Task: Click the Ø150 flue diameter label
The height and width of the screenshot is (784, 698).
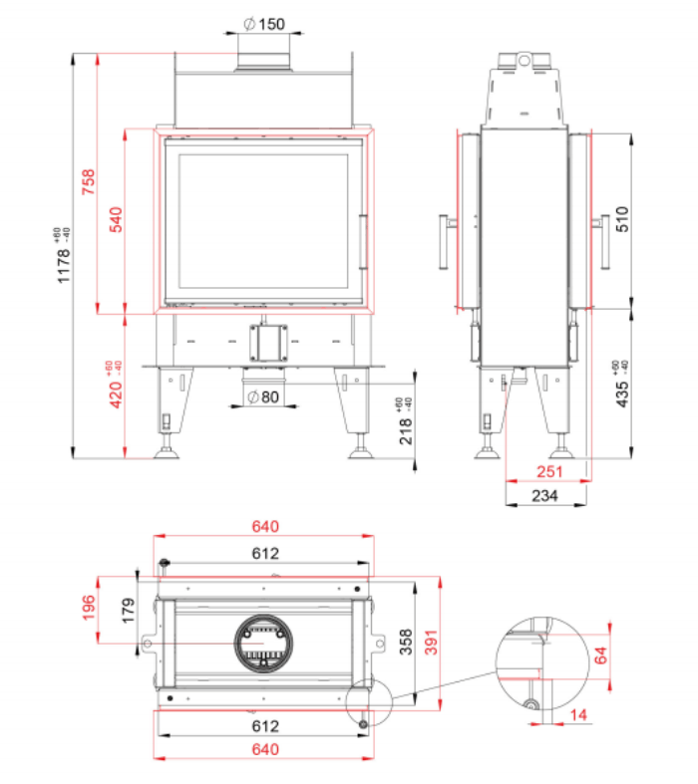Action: (264, 24)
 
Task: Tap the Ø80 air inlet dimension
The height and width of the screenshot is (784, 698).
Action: (263, 397)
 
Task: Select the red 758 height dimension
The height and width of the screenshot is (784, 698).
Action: (88, 182)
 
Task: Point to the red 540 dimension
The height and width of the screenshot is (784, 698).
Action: (116, 219)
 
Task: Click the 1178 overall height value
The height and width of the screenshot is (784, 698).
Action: (63, 256)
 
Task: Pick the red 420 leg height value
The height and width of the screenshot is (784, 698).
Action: (115, 385)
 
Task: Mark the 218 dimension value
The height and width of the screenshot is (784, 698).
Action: (406, 421)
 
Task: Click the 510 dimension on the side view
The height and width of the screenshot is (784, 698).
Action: (622, 219)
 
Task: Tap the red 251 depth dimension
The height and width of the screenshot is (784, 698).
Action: (549, 471)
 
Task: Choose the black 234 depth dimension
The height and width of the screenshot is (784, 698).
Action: (544, 496)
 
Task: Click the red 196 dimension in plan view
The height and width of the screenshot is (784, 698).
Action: (89, 608)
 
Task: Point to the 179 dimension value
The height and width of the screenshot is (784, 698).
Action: (129, 610)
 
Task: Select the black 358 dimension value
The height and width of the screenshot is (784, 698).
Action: (406, 642)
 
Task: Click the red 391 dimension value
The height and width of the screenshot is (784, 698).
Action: (431, 642)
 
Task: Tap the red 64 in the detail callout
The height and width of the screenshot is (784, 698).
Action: (600, 655)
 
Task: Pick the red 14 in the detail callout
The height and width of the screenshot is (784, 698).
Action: (578, 715)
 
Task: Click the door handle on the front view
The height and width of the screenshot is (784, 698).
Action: (363, 242)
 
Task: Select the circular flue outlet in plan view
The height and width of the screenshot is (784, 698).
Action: (263, 643)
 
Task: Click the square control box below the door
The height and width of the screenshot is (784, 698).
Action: (268, 343)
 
